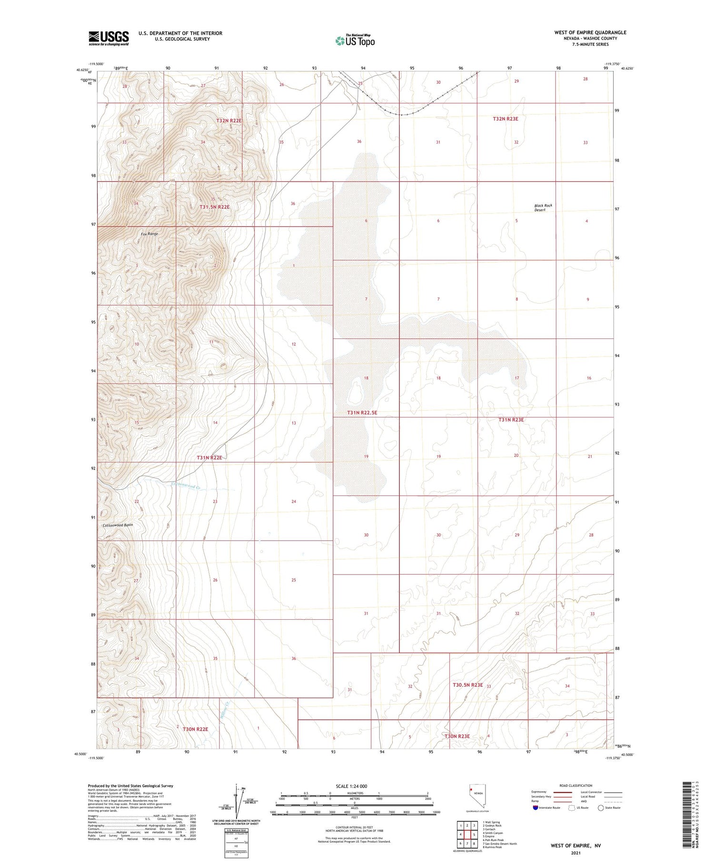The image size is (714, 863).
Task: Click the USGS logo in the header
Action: [109, 38]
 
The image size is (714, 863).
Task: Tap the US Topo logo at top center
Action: [355, 41]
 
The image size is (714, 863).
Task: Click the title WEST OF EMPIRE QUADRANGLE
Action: [590, 32]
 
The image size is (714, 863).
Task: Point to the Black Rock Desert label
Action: [543, 208]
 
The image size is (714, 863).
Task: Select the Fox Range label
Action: [149, 234]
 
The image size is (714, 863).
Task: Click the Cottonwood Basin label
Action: [118, 525]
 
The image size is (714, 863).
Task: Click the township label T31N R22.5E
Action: [362, 413]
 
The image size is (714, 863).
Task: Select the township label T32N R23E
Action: [505, 119]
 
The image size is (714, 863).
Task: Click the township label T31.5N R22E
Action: [214, 207]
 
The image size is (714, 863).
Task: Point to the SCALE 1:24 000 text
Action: [354, 786]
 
